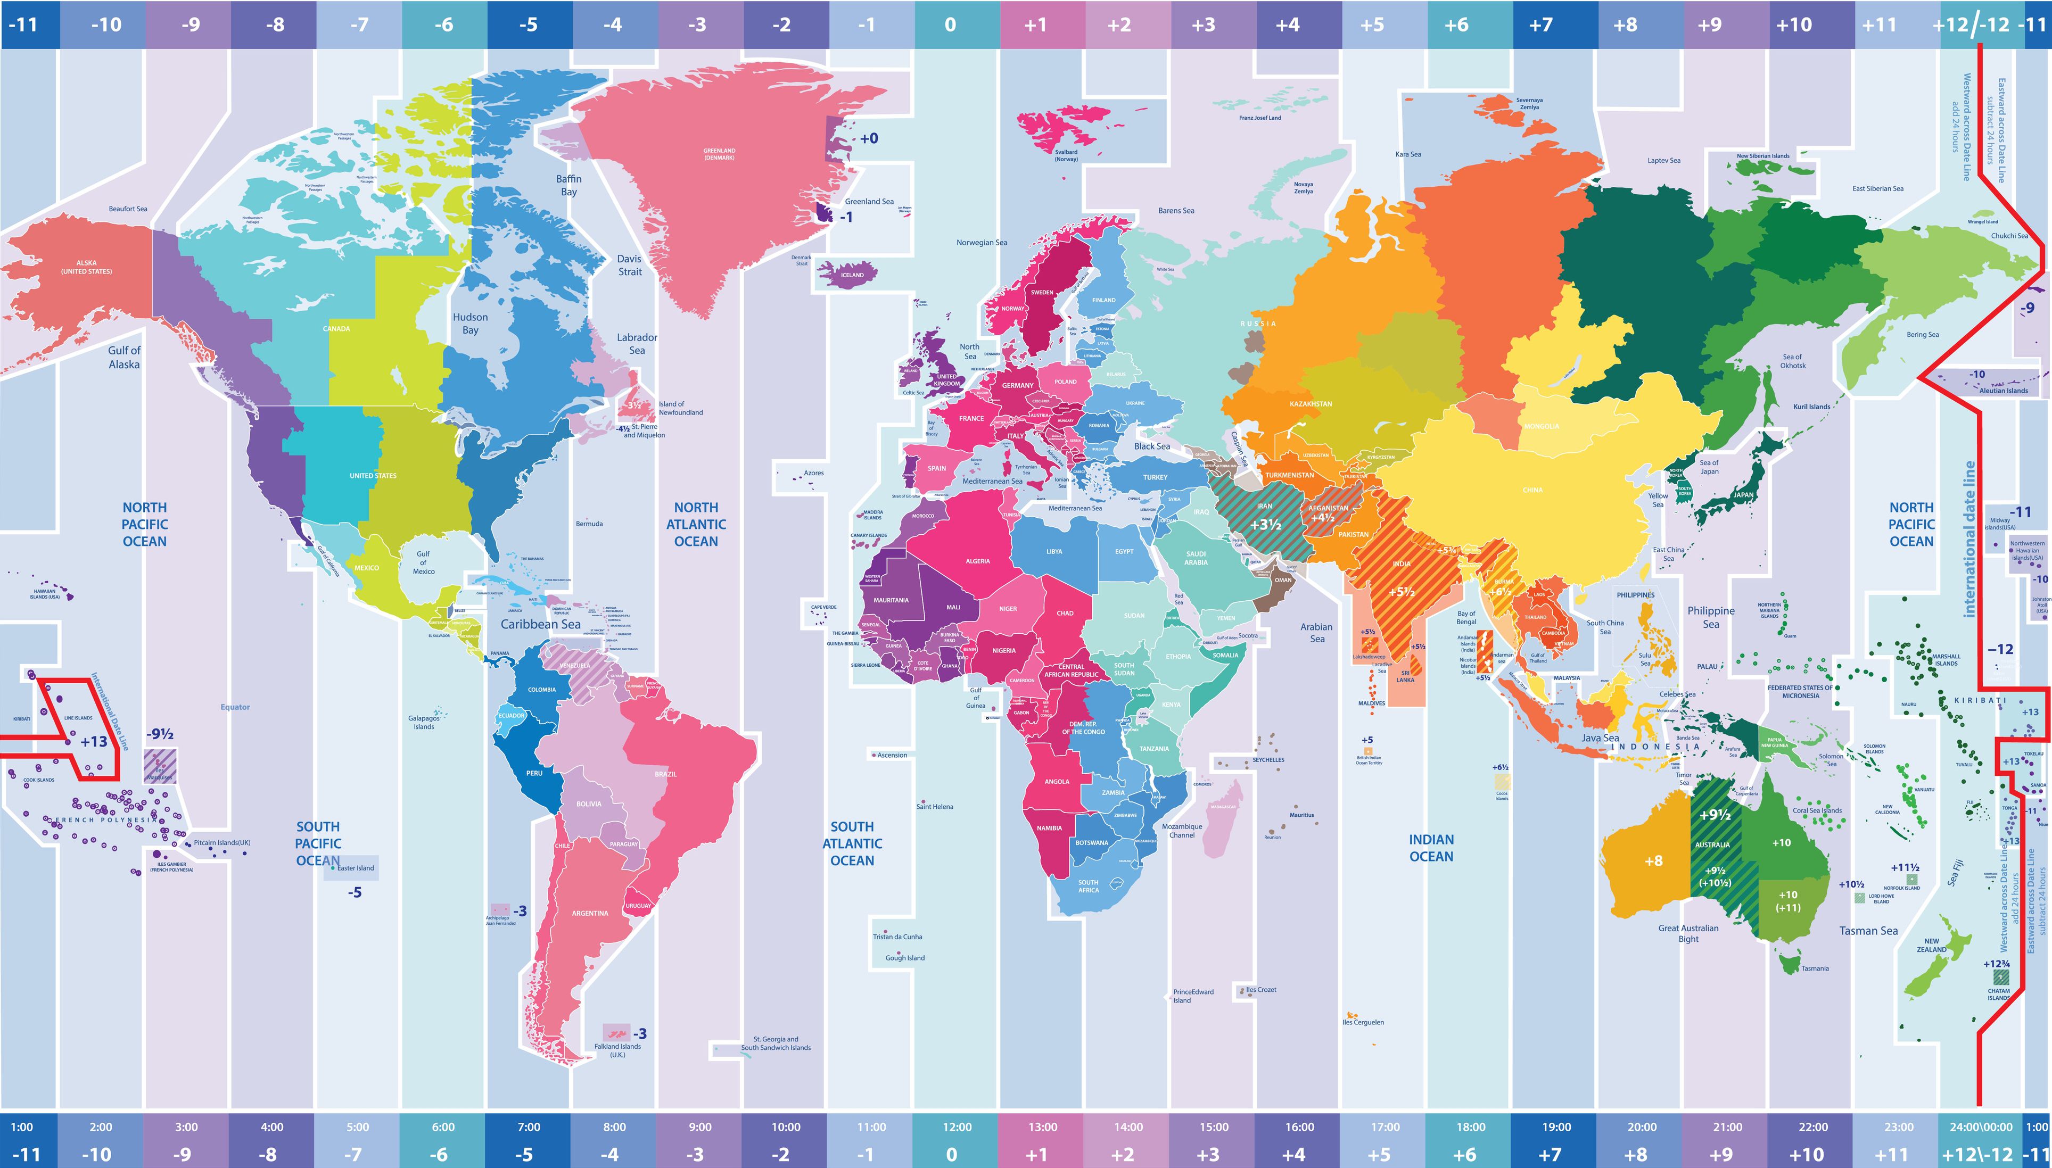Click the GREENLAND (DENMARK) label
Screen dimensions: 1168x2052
click(719, 153)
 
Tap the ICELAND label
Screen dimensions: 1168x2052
click(852, 275)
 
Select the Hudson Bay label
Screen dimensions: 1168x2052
click(470, 324)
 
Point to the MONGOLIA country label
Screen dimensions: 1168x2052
click(1542, 426)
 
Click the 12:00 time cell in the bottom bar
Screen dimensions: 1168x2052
click(957, 1126)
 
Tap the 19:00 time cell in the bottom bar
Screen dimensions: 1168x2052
click(1555, 1126)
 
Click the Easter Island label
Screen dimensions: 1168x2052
click(356, 868)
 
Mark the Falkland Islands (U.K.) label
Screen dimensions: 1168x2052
click(617, 1050)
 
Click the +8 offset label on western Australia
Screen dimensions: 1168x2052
click(1653, 861)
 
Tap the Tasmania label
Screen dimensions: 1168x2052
click(1815, 968)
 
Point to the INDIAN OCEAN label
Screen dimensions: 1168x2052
click(1431, 848)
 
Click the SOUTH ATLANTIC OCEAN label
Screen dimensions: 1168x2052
click(852, 843)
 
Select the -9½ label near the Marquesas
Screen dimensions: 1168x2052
click(160, 734)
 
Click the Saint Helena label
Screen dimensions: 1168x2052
click(934, 806)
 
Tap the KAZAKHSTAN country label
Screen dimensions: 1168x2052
click(1311, 403)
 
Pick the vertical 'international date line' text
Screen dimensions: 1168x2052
click(1969, 539)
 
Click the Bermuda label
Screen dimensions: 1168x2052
click(589, 524)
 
